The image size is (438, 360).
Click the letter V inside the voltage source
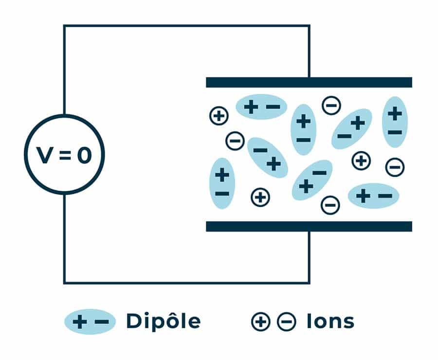[45, 155]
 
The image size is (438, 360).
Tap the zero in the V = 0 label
[84, 155]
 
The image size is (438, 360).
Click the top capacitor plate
[309, 82]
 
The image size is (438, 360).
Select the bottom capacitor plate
[309, 227]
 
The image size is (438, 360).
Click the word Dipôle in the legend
[164, 322]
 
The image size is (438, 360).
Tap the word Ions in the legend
[330, 321]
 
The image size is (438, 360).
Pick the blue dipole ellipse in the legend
[90, 322]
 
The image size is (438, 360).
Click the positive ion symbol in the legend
[261, 322]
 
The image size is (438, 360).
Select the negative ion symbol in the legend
[287, 322]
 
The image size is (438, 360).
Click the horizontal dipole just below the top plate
[261, 107]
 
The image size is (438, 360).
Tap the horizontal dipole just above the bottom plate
[373, 196]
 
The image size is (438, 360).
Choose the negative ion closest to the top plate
[331, 106]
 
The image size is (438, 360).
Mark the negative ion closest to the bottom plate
[330, 205]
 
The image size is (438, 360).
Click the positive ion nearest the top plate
[219, 116]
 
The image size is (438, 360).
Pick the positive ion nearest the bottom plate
[260, 198]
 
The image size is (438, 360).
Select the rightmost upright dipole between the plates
[395, 122]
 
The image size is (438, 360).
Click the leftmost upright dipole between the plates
[222, 183]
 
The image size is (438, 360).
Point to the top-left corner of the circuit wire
[65, 26]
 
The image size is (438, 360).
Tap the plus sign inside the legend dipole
[80, 322]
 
